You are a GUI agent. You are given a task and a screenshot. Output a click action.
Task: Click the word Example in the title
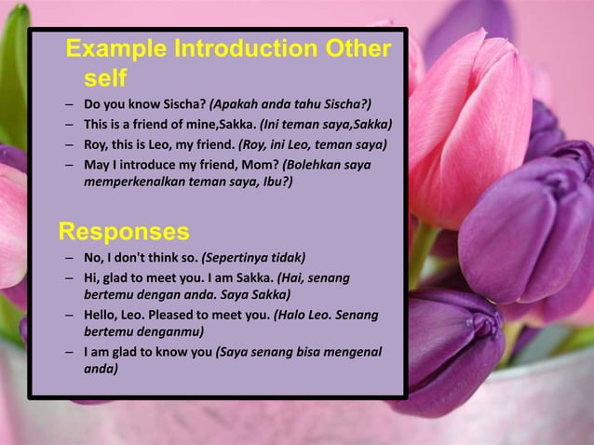click(x=117, y=48)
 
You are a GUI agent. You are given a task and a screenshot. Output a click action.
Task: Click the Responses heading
click(x=124, y=230)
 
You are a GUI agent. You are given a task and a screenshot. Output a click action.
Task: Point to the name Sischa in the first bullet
click(x=185, y=103)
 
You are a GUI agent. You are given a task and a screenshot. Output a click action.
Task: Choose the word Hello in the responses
click(x=101, y=315)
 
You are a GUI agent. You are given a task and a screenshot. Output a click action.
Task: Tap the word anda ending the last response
click(x=101, y=369)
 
